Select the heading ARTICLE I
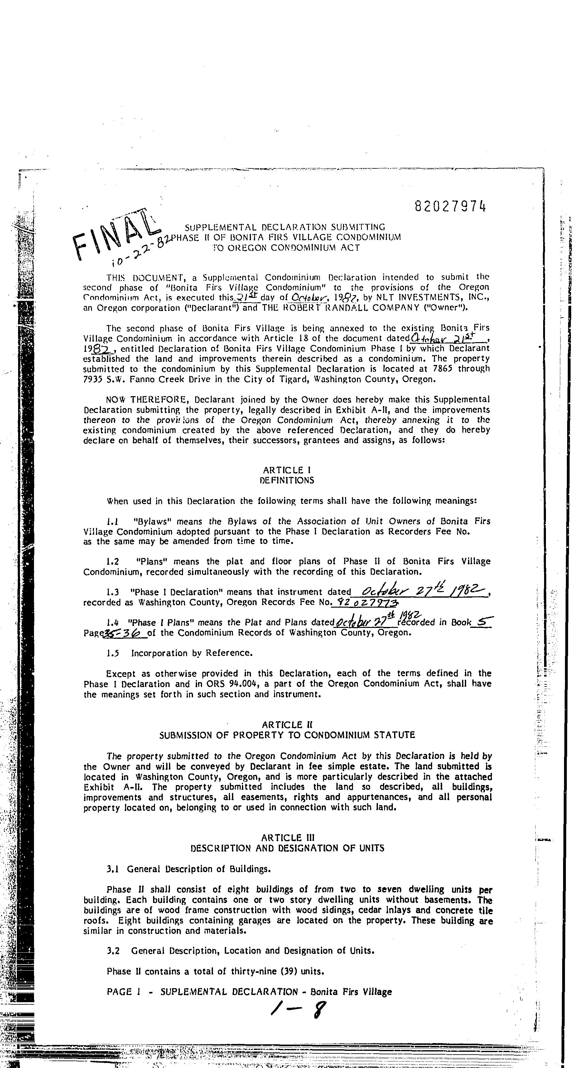(x=287, y=470)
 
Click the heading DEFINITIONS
(x=287, y=481)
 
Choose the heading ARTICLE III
(x=287, y=838)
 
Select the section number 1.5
(x=113, y=653)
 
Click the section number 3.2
(x=113, y=951)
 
